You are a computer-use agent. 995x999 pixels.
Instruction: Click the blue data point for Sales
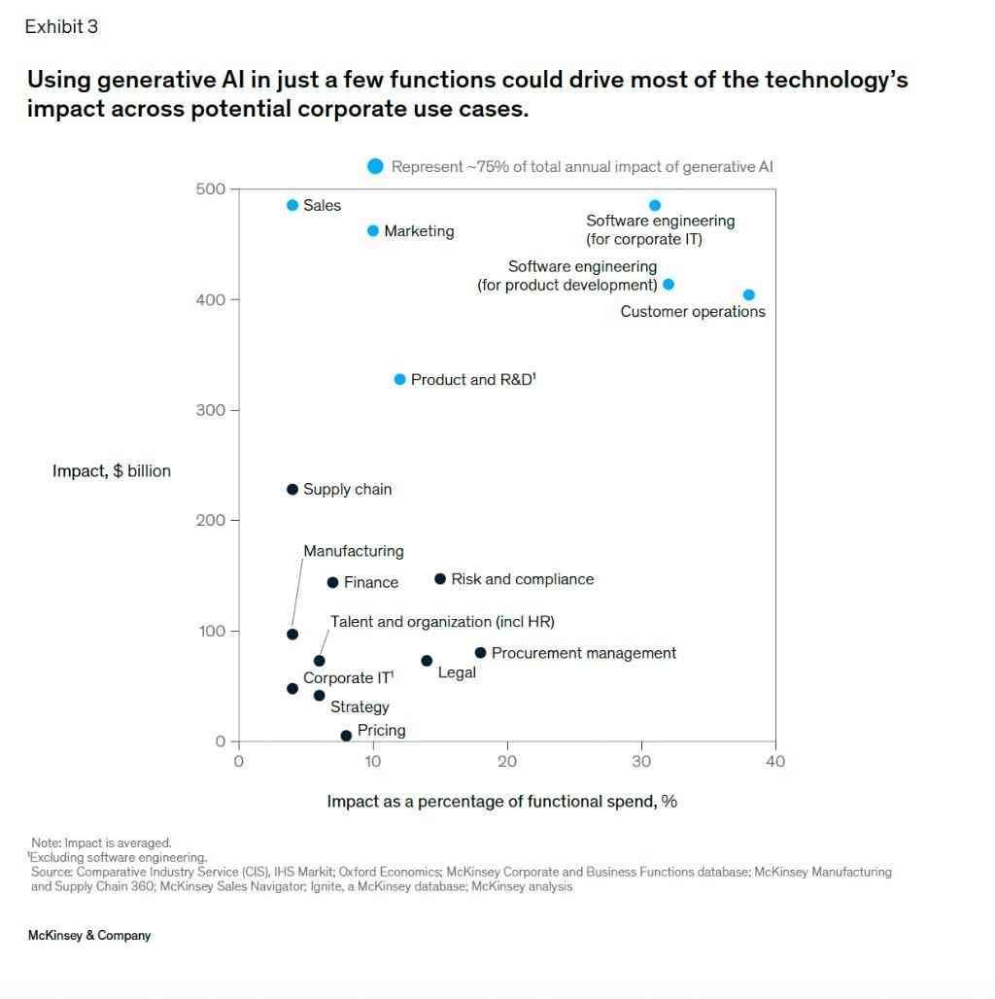coord(292,205)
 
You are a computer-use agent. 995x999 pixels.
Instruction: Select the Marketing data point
coord(373,230)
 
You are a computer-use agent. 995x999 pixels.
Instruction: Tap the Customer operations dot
coord(748,294)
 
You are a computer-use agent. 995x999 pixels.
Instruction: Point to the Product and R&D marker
coord(399,379)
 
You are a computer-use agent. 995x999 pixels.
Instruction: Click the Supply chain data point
coord(292,489)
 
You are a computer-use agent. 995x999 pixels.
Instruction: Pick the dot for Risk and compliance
coord(440,578)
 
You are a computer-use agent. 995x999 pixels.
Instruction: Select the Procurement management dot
coord(480,652)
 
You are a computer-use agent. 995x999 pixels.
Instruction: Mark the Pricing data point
coord(346,736)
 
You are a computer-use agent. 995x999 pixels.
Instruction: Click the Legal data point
coord(427,661)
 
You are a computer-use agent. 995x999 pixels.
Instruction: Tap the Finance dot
coord(332,582)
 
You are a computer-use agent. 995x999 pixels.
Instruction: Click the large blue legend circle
coord(375,166)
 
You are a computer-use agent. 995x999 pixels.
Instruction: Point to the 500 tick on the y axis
coord(210,189)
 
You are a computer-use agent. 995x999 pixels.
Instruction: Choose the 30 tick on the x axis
coord(641,762)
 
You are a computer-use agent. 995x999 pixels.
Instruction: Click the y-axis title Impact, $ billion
coord(112,471)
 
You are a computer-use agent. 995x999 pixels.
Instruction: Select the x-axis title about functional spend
coord(501,802)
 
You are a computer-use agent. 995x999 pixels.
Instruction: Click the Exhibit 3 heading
coord(61,27)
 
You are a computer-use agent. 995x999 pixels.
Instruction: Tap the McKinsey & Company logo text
coord(89,936)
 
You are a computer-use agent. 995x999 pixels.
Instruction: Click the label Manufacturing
coord(354,551)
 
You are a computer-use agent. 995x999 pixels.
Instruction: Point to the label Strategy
coord(360,706)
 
